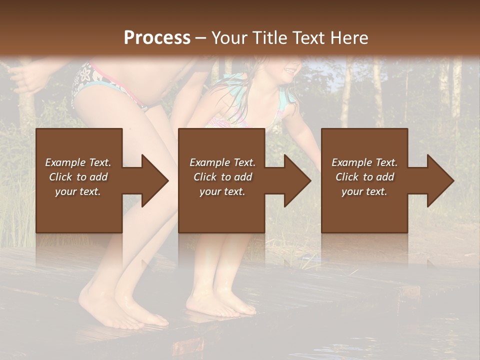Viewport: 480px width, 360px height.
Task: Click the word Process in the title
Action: tap(157, 38)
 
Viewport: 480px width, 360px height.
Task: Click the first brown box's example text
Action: tap(78, 177)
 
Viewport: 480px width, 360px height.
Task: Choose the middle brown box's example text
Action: tap(222, 177)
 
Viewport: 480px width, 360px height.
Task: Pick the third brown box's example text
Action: tap(364, 177)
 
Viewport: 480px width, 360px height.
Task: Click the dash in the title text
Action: tap(201, 38)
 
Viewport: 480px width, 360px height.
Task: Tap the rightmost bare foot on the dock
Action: tap(235, 305)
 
